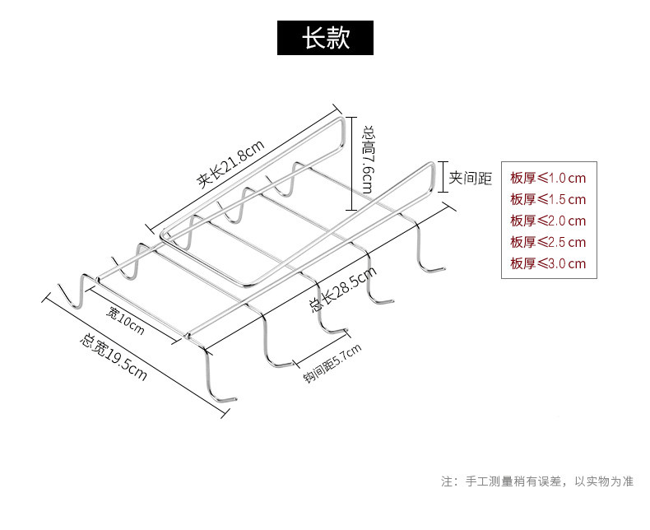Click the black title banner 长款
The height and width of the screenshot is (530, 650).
(325, 38)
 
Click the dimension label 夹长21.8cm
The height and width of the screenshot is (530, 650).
(230, 165)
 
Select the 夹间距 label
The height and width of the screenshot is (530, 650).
(471, 178)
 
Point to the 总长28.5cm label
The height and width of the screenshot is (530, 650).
(343, 289)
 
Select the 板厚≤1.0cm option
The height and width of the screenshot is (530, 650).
(548, 178)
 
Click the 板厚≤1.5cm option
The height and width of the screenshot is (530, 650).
(548, 199)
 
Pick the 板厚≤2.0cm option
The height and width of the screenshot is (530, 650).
(548, 221)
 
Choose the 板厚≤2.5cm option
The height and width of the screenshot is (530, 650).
(548, 242)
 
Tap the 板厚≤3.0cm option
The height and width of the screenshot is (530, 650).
(548, 263)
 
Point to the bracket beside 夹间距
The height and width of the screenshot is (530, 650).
(443, 177)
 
